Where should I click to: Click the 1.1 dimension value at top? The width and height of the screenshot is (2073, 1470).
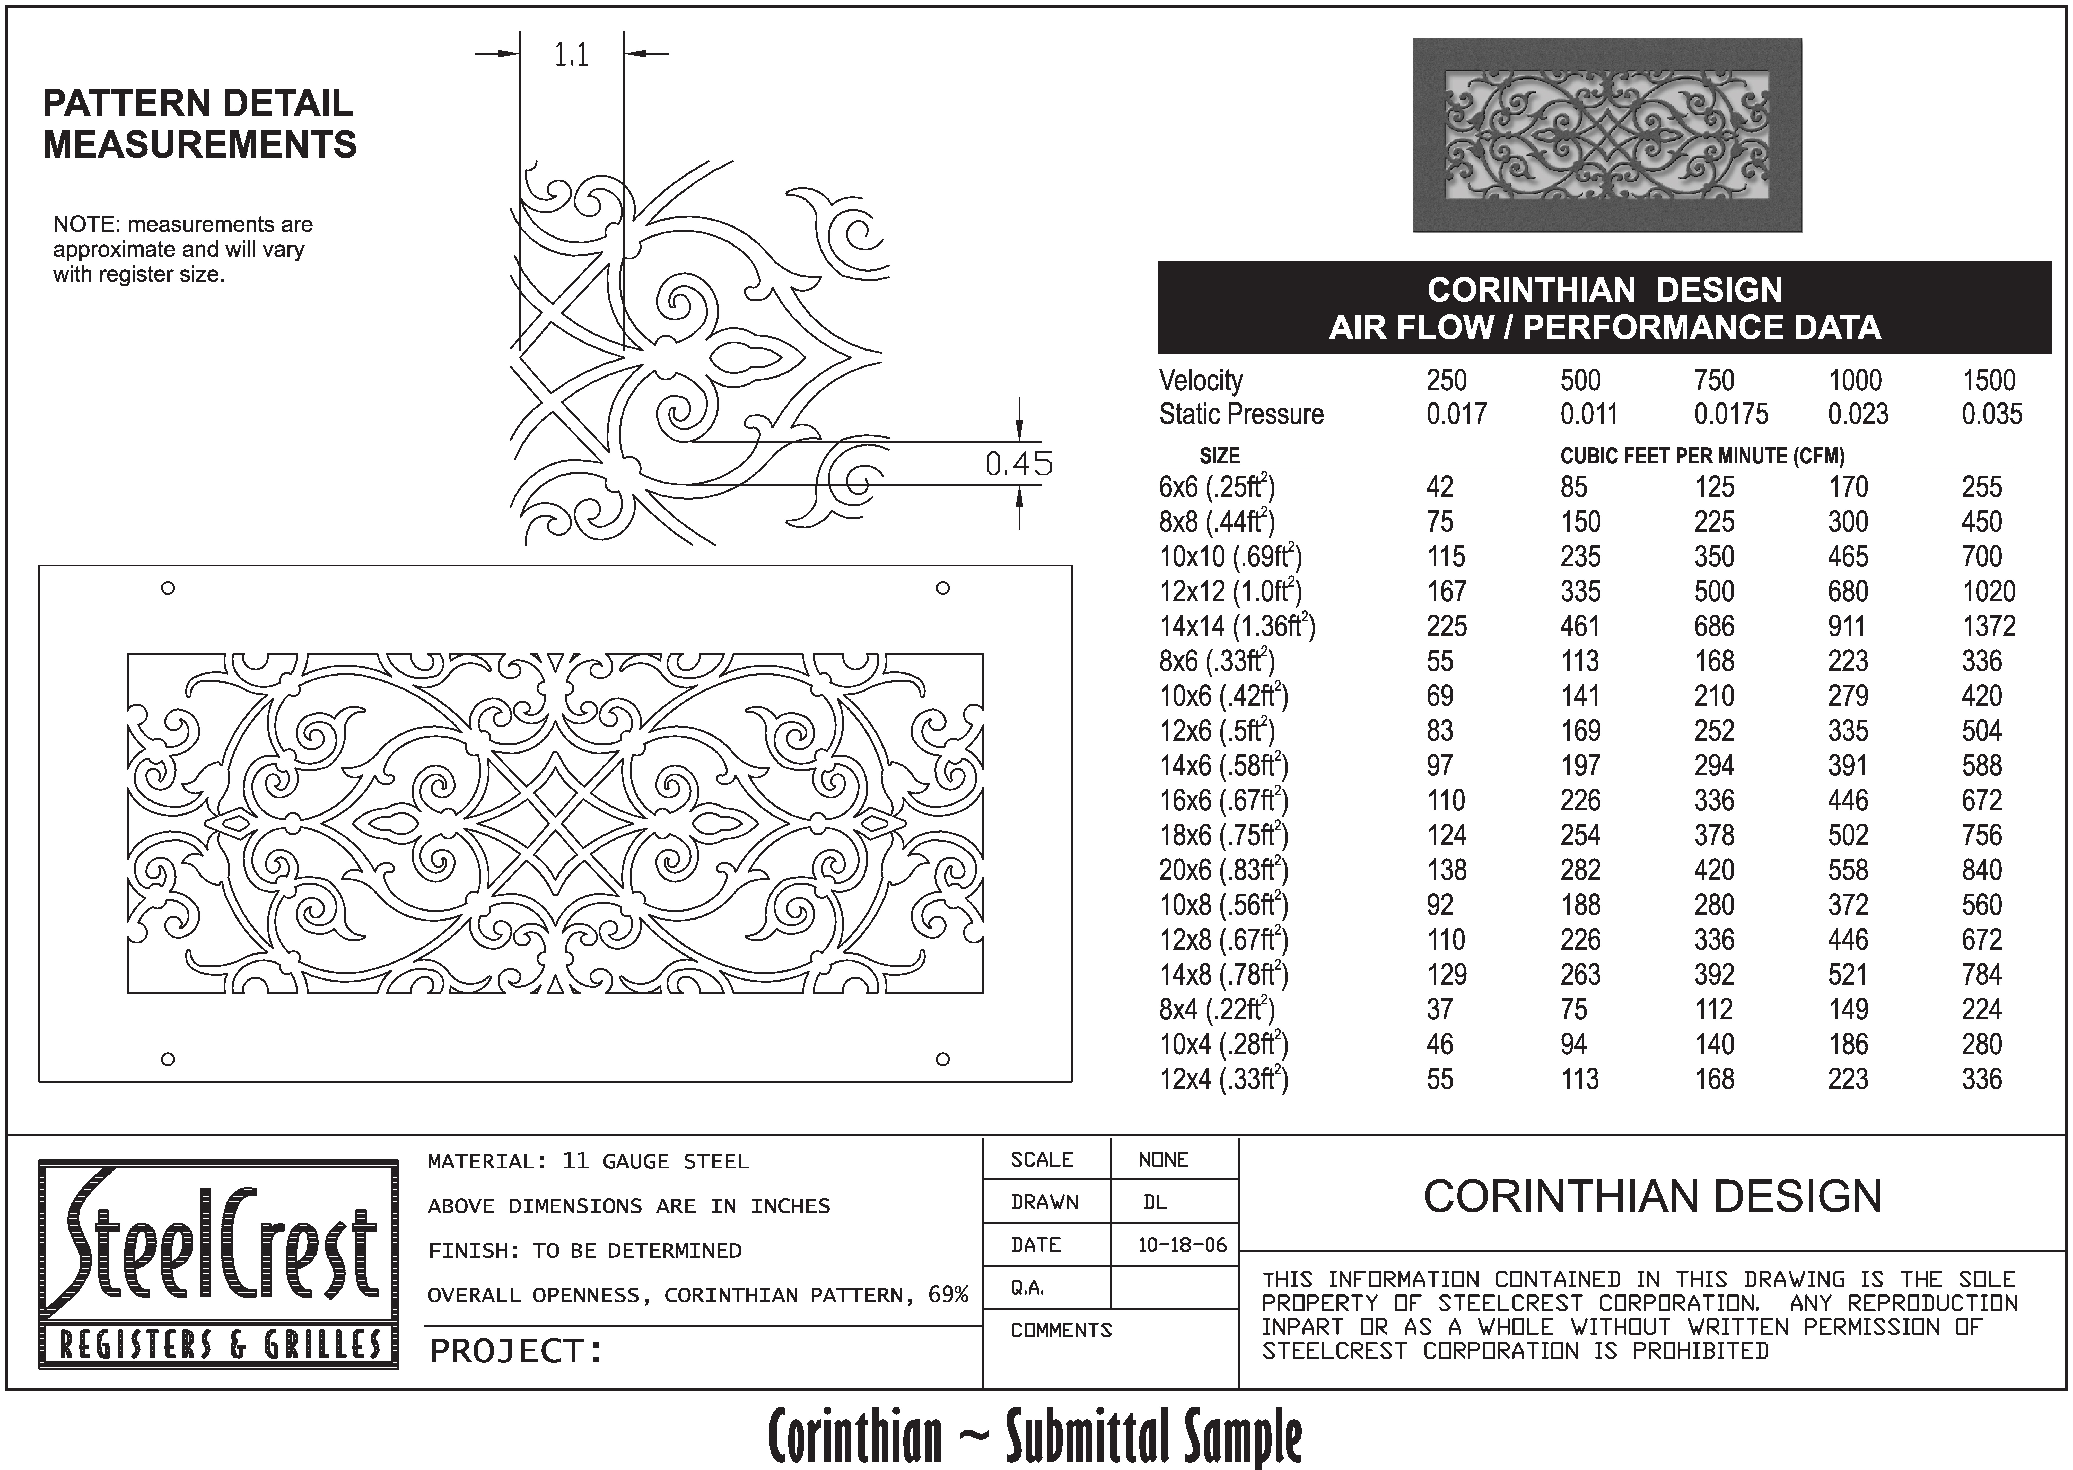[x=571, y=56]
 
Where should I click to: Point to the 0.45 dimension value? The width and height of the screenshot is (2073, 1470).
[x=1018, y=464]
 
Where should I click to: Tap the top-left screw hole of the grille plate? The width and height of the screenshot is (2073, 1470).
[x=168, y=588]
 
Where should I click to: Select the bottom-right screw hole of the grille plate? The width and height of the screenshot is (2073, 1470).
[x=942, y=1059]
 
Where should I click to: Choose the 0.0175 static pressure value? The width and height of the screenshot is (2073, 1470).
[x=1730, y=415]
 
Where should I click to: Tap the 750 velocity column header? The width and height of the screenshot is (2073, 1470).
[x=1714, y=381]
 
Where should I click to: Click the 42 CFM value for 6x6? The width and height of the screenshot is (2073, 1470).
[x=1439, y=488]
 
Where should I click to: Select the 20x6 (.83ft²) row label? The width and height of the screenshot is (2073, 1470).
[x=1223, y=871]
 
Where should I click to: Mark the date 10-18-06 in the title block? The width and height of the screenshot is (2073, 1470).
[x=1181, y=1246]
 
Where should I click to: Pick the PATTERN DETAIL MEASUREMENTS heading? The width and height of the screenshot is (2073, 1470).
[x=199, y=124]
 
